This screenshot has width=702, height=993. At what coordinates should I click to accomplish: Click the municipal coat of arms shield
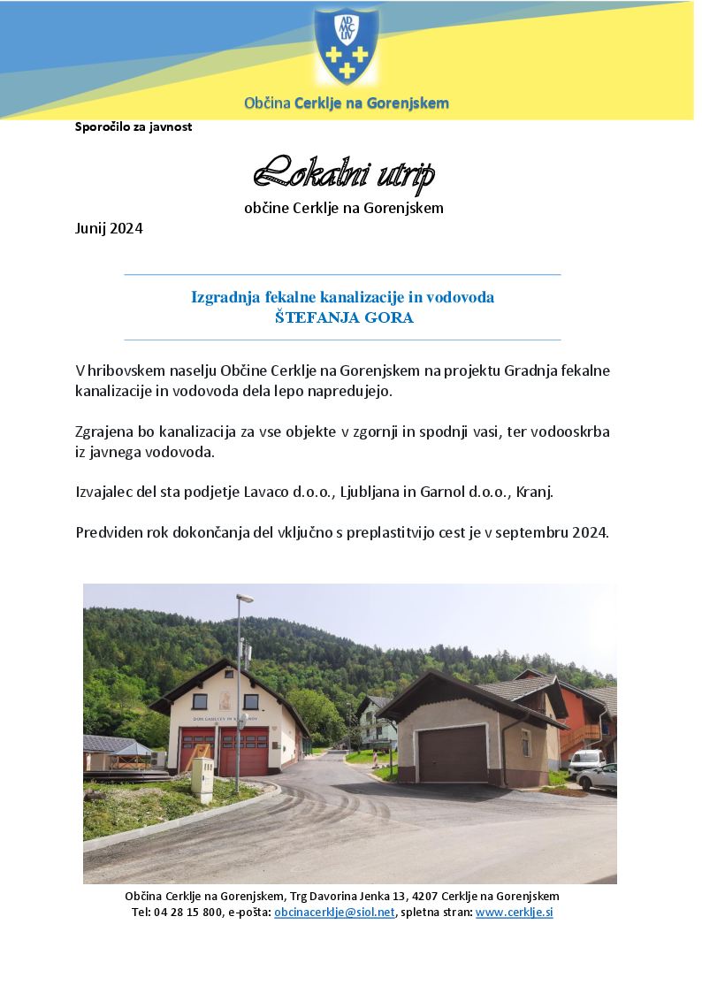[x=347, y=46]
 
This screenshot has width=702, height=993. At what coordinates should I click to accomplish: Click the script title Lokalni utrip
[x=344, y=174]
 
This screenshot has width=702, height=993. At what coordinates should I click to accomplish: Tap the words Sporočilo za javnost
[x=134, y=126]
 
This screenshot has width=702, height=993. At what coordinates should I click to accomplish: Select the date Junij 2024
[x=109, y=228]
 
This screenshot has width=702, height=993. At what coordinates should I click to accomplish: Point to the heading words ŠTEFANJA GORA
[x=343, y=318]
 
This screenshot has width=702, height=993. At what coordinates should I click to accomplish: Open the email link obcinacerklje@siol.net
[x=334, y=912]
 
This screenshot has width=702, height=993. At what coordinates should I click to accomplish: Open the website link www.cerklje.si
[x=514, y=912]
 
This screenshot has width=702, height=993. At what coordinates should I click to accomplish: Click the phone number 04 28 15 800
[x=188, y=912]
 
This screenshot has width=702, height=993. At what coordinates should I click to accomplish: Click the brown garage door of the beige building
[x=452, y=753]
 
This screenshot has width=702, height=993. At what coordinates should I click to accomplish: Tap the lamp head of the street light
[x=245, y=599]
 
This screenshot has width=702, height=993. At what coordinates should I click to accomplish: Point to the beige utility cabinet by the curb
[x=202, y=778]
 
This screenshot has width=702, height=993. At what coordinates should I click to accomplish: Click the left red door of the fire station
[x=197, y=751]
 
